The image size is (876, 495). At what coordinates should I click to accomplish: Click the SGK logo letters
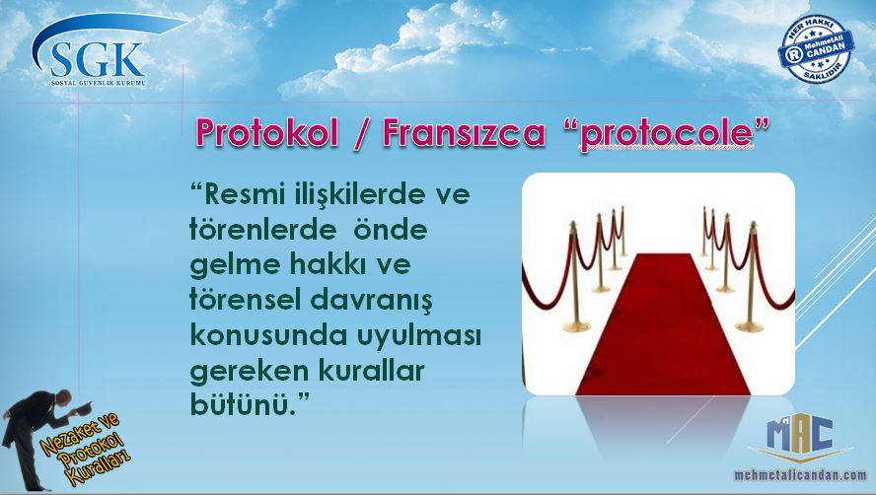click(x=97, y=60)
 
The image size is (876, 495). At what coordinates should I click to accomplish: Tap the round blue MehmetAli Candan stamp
click(x=816, y=49)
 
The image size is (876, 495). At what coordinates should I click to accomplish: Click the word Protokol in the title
click(x=267, y=133)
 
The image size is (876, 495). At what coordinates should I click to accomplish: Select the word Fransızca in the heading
click(x=464, y=133)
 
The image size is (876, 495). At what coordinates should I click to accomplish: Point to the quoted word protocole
click(x=667, y=134)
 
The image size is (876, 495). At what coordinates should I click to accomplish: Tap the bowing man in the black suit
click(x=36, y=439)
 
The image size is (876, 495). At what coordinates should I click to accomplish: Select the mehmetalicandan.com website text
click(x=800, y=475)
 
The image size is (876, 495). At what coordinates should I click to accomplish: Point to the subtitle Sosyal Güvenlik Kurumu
click(x=99, y=83)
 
